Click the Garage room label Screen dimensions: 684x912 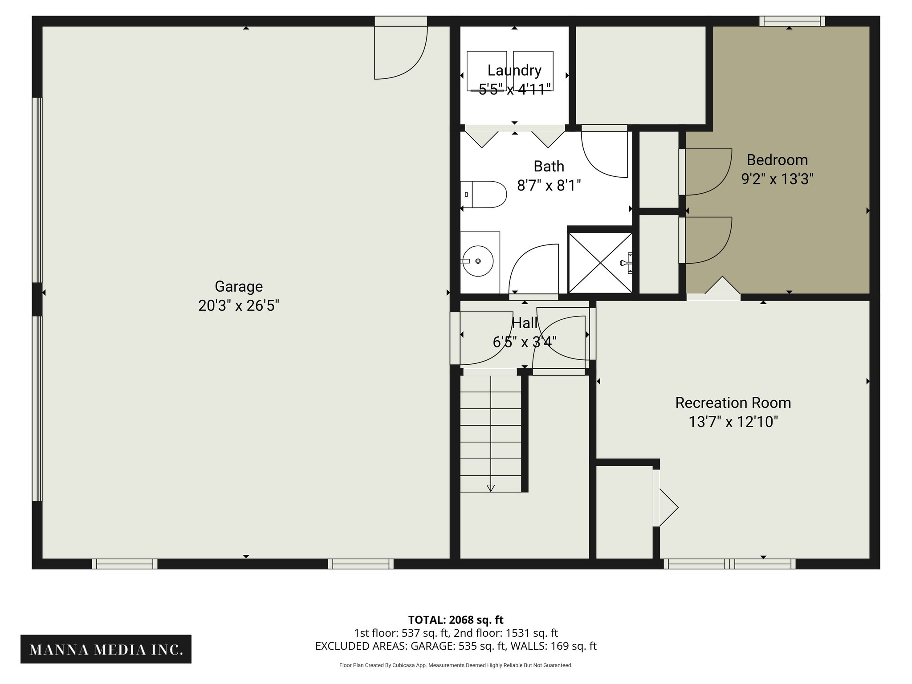[239, 286]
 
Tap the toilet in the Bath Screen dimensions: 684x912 [485, 195]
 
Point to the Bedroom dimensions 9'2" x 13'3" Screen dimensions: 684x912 [777, 179]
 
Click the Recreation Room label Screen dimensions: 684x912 [733, 403]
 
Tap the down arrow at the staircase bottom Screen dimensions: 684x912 [490, 488]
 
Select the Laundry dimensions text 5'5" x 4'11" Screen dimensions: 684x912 [514, 90]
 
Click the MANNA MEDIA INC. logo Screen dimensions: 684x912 [106, 650]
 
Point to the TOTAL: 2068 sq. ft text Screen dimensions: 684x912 [456, 619]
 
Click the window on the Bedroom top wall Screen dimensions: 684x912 [792, 21]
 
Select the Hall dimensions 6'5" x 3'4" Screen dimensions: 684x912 [525, 342]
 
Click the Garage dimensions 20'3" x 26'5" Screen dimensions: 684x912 [239, 306]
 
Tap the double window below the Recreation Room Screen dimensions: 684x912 [729, 564]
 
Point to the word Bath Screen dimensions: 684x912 [549, 166]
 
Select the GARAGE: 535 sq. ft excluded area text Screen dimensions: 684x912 [457, 646]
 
